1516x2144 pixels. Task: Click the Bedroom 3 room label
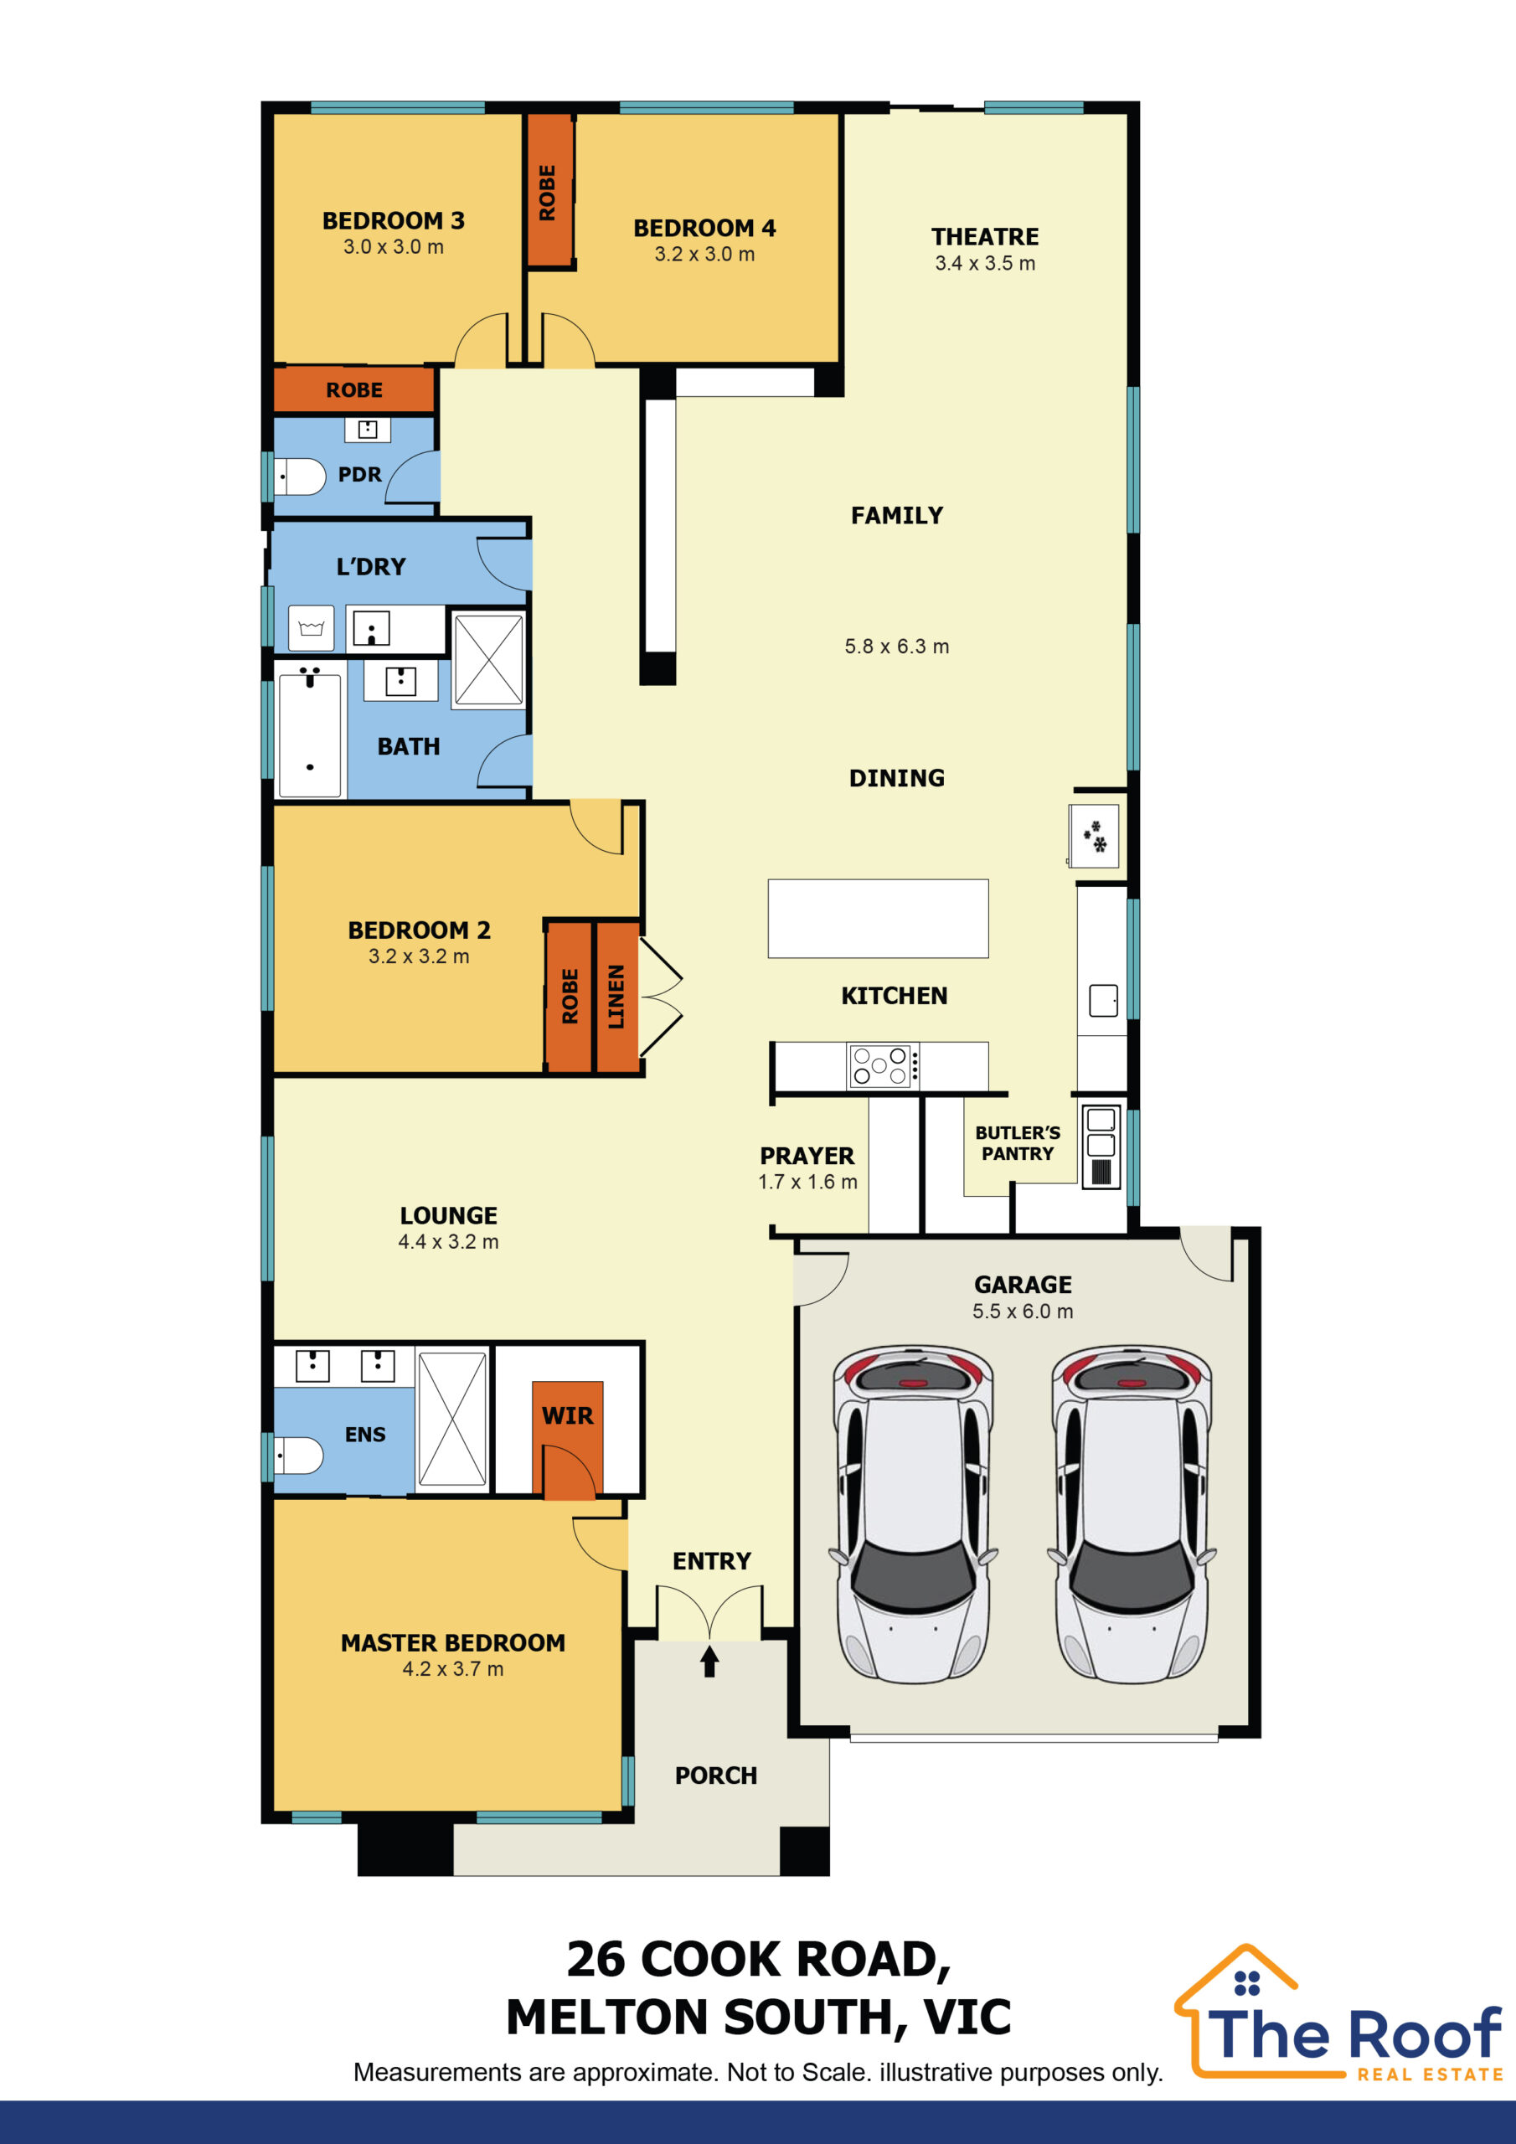point(394,221)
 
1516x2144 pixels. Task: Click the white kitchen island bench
point(878,918)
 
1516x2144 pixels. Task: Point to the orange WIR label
point(567,1415)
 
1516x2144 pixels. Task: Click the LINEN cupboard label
point(616,997)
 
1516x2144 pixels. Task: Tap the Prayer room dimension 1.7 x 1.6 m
point(807,1183)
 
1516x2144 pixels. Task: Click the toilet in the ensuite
point(298,1455)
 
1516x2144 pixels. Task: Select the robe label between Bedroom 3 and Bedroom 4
point(548,193)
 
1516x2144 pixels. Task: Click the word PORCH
point(715,1775)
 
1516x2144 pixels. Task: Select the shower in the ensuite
point(452,1420)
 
